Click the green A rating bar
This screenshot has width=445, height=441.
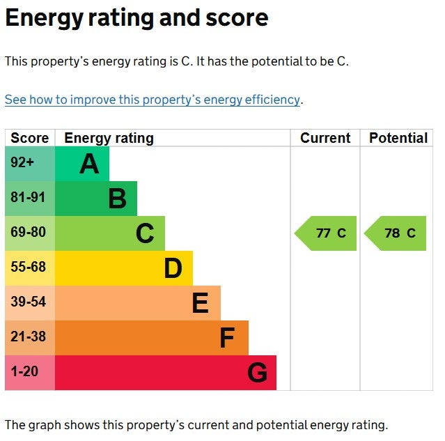pyautogui.click(x=81, y=164)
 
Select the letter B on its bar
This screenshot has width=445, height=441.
pyautogui.click(x=117, y=199)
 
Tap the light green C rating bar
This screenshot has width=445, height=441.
pyautogui.click(x=109, y=233)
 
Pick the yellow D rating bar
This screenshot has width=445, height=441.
pyautogui.click(x=123, y=268)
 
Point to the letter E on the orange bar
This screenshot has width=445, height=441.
pyautogui.click(x=200, y=303)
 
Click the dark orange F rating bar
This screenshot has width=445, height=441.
pyautogui.click(x=151, y=338)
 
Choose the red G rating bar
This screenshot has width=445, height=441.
pyautogui.click(x=165, y=373)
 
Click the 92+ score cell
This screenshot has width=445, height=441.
pyautogui.click(x=29, y=164)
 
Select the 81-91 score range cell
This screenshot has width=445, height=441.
pyautogui.click(x=29, y=199)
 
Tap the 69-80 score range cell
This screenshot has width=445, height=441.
pyautogui.click(x=29, y=233)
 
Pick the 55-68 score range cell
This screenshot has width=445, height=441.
pyautogui.click(x=29, y=268)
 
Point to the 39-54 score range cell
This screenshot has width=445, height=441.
pyautogui.click(x=29, y=303)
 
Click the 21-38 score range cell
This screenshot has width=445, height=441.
pyautogui.click(x=29, y=338)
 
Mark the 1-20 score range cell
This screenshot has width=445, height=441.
pyautogui.click(x=29, y=373)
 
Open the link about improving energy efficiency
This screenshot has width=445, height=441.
pyautogui.click(x=153, y=100)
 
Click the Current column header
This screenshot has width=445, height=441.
pyautogui.click(x=325, y=138)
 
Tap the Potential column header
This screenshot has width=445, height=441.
pyautogui.click(x=398, y=138)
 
